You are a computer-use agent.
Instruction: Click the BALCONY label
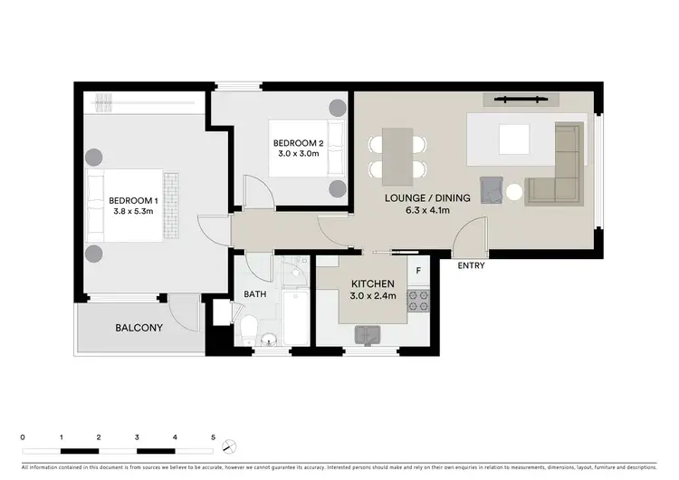pos(139,327)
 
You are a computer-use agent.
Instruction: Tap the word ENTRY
pos(471,265)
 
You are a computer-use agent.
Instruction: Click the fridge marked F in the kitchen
pos(418,271)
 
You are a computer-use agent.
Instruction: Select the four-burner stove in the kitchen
pos(418,302)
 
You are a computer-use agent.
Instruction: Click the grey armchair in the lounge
pos(492,188)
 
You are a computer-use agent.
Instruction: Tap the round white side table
pos(514,192)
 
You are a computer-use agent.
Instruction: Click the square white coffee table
pos(513,139)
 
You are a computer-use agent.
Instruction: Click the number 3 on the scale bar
pos(137,436)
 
